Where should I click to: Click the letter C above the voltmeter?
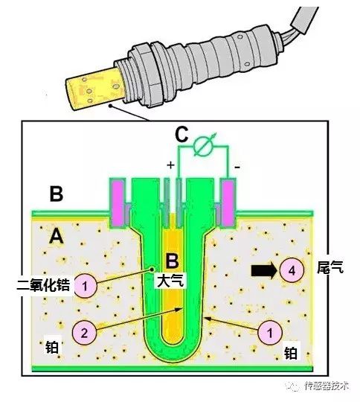click(x=181, y=134)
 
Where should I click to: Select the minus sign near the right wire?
click(x=236, y=167)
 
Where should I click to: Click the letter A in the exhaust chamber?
click(x=55, y=237)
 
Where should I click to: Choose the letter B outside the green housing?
click(x=55, y=195)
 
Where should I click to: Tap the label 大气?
click(x=171, y=281)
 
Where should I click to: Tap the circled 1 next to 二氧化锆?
click(x=86, y=284)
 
